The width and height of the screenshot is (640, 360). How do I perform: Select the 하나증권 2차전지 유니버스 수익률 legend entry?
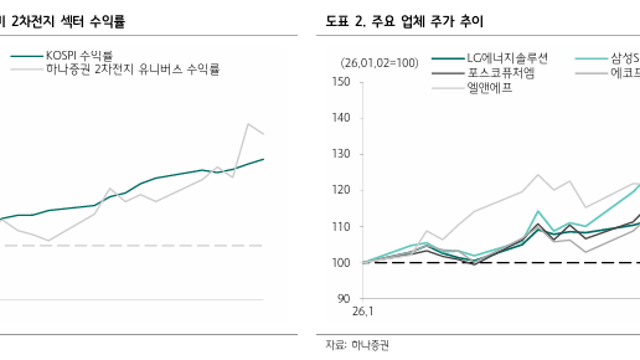(x=132, y=71)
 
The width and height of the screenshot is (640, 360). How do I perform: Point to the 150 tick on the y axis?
(x=339, y=82)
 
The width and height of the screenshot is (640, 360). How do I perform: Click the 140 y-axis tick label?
(x=339, y=118)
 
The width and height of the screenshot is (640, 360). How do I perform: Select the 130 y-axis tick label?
(x=339, y=154)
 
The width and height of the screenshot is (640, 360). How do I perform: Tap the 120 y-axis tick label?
(x=339, y=190)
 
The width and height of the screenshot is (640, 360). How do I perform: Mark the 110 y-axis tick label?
(x=339, y=226)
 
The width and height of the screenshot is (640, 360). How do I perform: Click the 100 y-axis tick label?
(x=339, y=262)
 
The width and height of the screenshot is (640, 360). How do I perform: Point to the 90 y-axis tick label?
(x=342, y=298)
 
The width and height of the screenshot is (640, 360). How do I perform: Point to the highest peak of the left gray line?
(x=247, y=124)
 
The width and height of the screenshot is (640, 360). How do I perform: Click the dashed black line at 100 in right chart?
(x=500, y=263)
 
